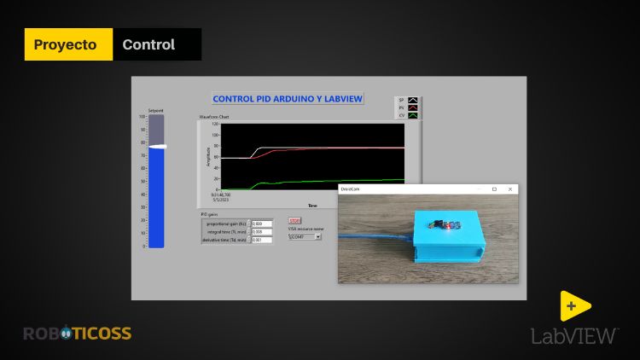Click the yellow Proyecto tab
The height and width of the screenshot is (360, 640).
coord(68,44)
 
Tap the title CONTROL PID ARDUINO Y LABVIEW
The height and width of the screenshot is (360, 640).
coord(288,99)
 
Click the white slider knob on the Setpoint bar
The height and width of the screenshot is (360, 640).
coord(156,148)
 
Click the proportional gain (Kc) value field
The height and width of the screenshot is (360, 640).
coord(261,224)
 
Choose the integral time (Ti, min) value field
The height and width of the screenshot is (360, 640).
coord(261,232)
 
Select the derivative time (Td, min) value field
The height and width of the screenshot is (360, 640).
coord(261,240)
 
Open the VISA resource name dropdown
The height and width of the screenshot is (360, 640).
coord(305,237)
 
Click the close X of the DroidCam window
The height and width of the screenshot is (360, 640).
coord(510,189)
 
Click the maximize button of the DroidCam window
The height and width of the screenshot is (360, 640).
coord(494,189)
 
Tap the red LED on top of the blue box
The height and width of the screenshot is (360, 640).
coord(438,225)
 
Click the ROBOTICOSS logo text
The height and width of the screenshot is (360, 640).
coord(77,334)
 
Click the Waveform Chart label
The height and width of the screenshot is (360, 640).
coord(214,117)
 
